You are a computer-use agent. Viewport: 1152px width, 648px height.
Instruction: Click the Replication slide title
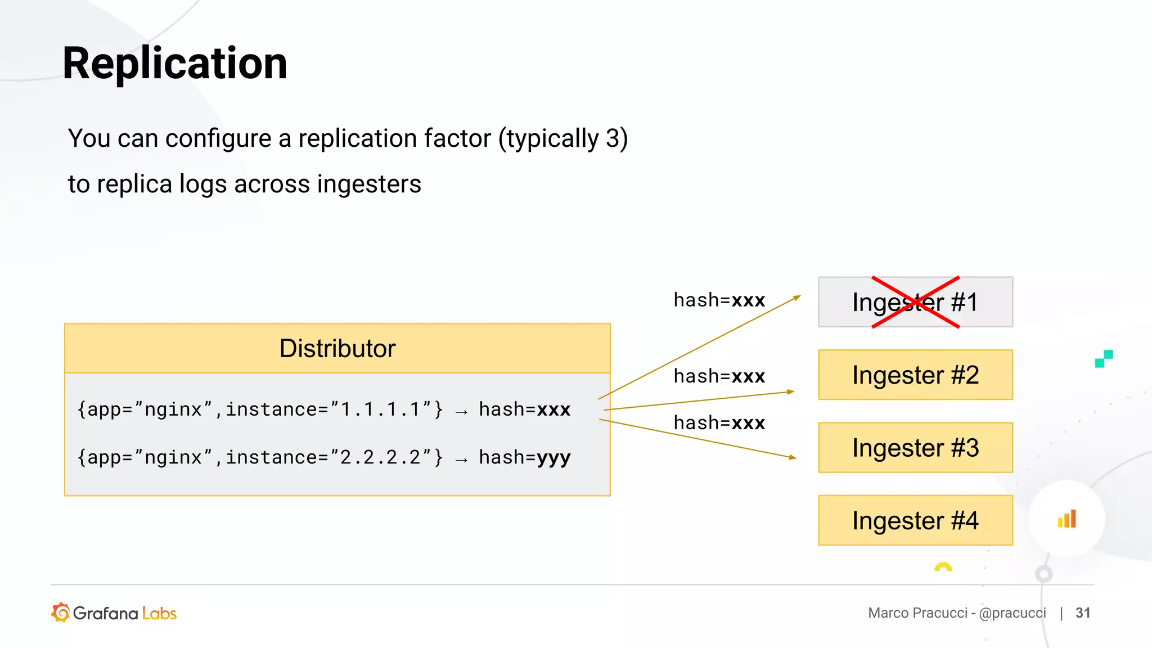(175, 64)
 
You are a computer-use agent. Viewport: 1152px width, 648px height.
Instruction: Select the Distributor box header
(337, 348)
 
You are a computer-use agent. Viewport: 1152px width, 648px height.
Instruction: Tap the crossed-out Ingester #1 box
(915, 302)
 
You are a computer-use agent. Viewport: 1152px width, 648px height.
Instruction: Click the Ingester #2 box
(915, 375)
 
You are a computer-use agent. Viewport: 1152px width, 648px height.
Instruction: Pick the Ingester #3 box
(915, 448)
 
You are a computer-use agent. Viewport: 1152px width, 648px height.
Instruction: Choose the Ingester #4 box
(915, 520)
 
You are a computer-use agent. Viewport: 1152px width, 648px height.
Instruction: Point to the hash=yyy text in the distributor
(524, 457)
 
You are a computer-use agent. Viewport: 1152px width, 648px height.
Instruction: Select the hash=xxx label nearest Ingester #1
(719, 300)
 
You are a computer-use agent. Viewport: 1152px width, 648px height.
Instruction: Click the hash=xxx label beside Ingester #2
(719, 376)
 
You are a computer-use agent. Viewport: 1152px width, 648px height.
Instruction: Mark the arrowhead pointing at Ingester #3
(793, 457)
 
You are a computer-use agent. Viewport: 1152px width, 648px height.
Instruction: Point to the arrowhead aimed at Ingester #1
(797, 298)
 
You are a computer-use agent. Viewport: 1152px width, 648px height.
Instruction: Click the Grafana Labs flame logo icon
(61, 613)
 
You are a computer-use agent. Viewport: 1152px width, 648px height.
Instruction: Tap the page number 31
(1083, 613)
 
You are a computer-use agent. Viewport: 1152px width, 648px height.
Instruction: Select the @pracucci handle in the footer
(1012, 613)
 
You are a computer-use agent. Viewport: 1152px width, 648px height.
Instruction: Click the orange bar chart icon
(1066, 519)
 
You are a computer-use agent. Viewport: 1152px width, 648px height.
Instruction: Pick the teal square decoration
(1104, 358)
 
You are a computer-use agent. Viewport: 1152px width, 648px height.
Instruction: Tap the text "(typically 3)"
(563, 139)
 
